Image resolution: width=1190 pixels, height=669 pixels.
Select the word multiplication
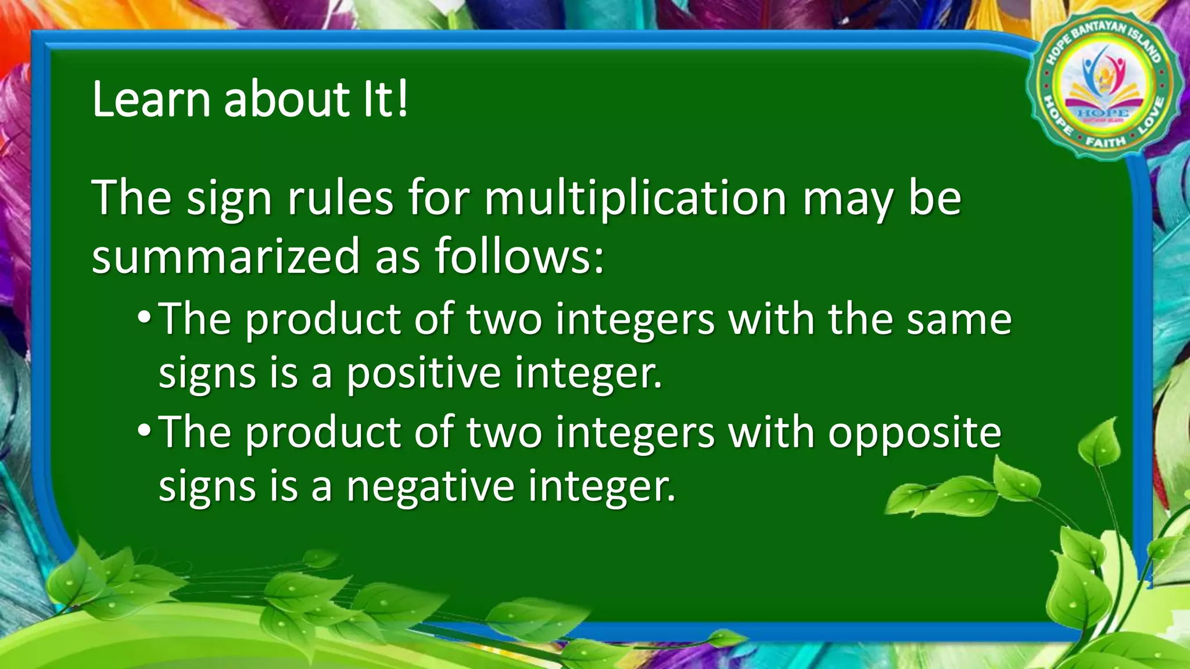(x=635, y=199)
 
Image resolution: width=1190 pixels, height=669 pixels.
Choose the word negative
(x=431, y=486)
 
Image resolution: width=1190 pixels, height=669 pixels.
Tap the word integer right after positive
(x=588, y=375)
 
